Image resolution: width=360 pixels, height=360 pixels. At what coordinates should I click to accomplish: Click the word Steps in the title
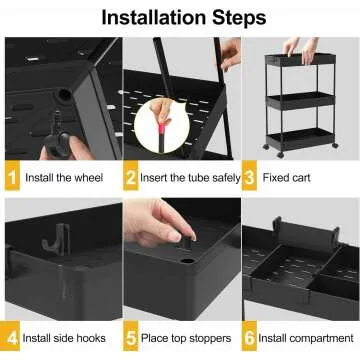coord(240,17)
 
